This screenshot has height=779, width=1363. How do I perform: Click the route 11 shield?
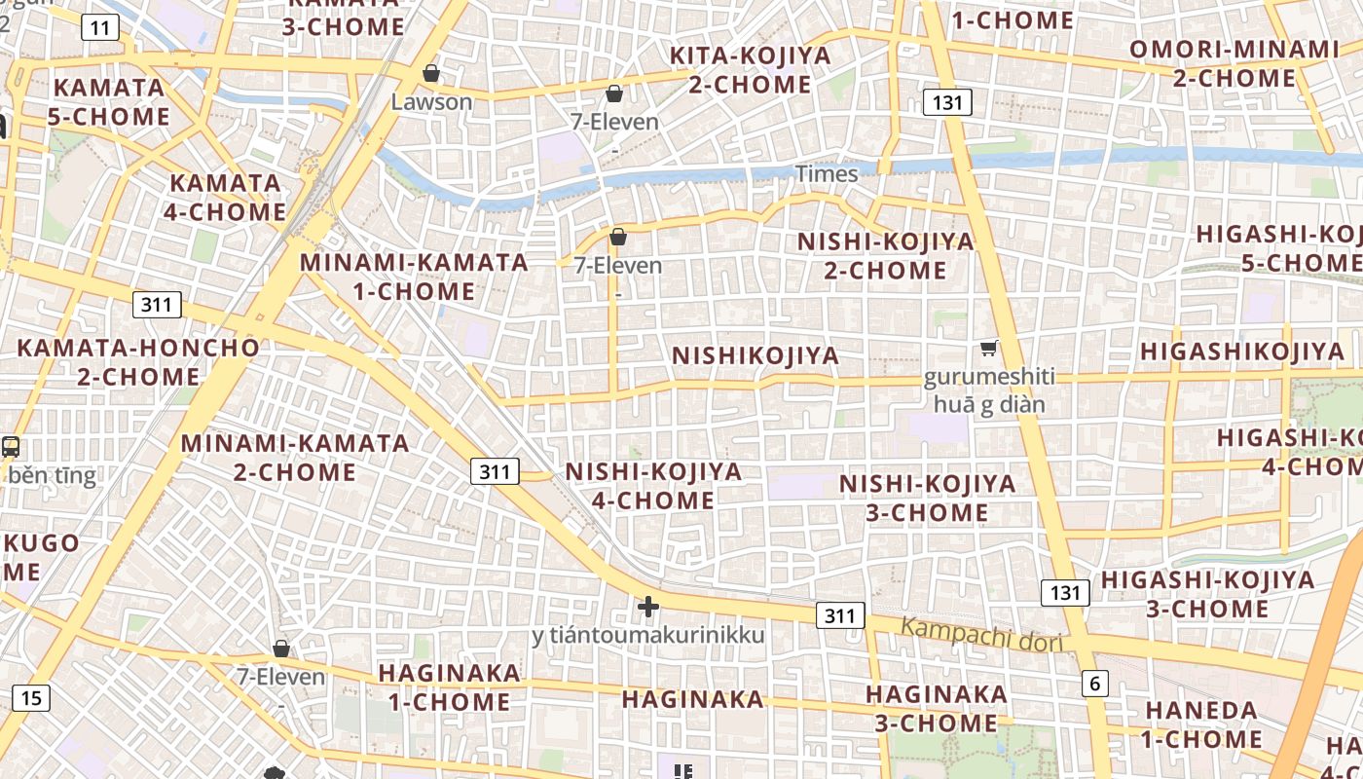(x=101, y=27)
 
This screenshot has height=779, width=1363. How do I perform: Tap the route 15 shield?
(x=31, y=697)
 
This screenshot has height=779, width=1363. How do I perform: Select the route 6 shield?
(x=1094, y=684)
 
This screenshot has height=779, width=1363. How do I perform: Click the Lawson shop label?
(x=431, y=101)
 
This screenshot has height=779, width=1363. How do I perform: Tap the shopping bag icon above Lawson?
(x=431, y=73)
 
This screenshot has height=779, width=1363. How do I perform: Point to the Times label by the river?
(x=827, y=174)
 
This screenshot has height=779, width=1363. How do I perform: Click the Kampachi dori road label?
(x=979, y=634)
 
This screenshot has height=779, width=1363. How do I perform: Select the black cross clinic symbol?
(x=647, y=607)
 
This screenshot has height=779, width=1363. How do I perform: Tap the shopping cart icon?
(x=989, y=348)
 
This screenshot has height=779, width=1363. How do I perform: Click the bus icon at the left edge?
(x=11, y=447)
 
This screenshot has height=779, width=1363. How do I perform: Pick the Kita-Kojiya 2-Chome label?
(x=751, y=70)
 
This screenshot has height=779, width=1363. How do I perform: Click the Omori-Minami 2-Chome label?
(x=1234, y=63)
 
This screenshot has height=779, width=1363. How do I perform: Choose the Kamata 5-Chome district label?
(x=109, y=101)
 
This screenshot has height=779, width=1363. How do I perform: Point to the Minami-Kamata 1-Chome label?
(x=414, y=277)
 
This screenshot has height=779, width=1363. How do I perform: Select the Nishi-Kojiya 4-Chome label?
(x=653, y=486)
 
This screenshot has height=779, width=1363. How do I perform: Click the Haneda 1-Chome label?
(x=1202, y=724)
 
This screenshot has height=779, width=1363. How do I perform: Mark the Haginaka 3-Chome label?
(x=936, y=708)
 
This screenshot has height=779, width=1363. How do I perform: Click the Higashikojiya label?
(x=1241, y=351)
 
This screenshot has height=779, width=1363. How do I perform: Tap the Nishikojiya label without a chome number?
(x=755, y=355)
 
